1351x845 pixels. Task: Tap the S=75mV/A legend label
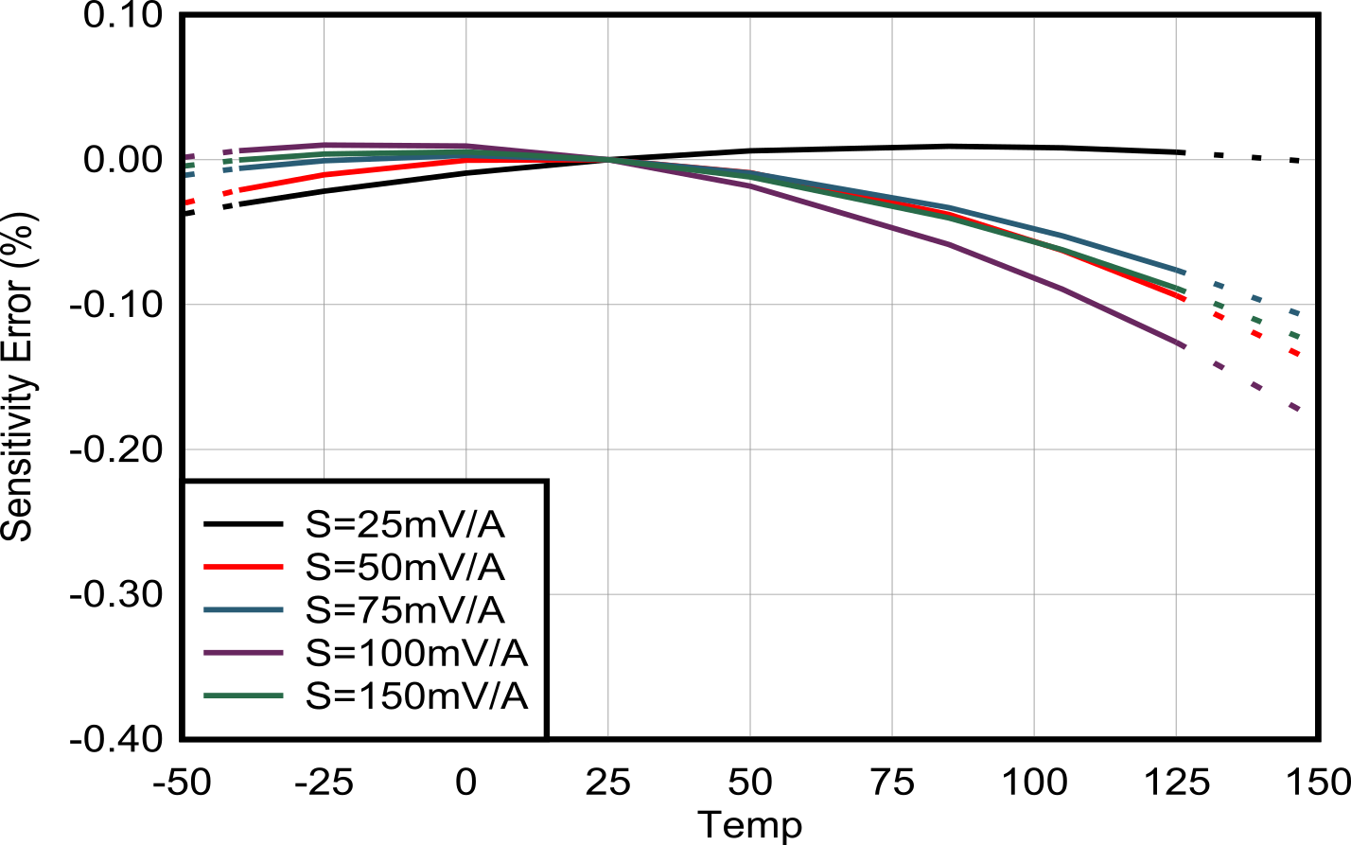406,610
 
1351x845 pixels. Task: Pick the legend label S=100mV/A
416,653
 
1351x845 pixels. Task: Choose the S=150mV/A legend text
416,696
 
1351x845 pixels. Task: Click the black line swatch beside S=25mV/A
244,523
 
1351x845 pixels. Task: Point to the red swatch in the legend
244,567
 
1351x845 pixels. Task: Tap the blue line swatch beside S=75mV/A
244,610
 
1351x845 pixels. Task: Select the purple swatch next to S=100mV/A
244,653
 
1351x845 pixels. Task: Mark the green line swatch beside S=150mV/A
244,696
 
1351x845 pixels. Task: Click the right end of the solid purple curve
1184,345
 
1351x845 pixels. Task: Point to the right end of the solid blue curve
1184,272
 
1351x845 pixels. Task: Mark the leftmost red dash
189,202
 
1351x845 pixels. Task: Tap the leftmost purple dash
189,157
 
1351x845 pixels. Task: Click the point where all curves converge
608,159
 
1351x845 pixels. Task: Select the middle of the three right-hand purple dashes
1256,385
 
